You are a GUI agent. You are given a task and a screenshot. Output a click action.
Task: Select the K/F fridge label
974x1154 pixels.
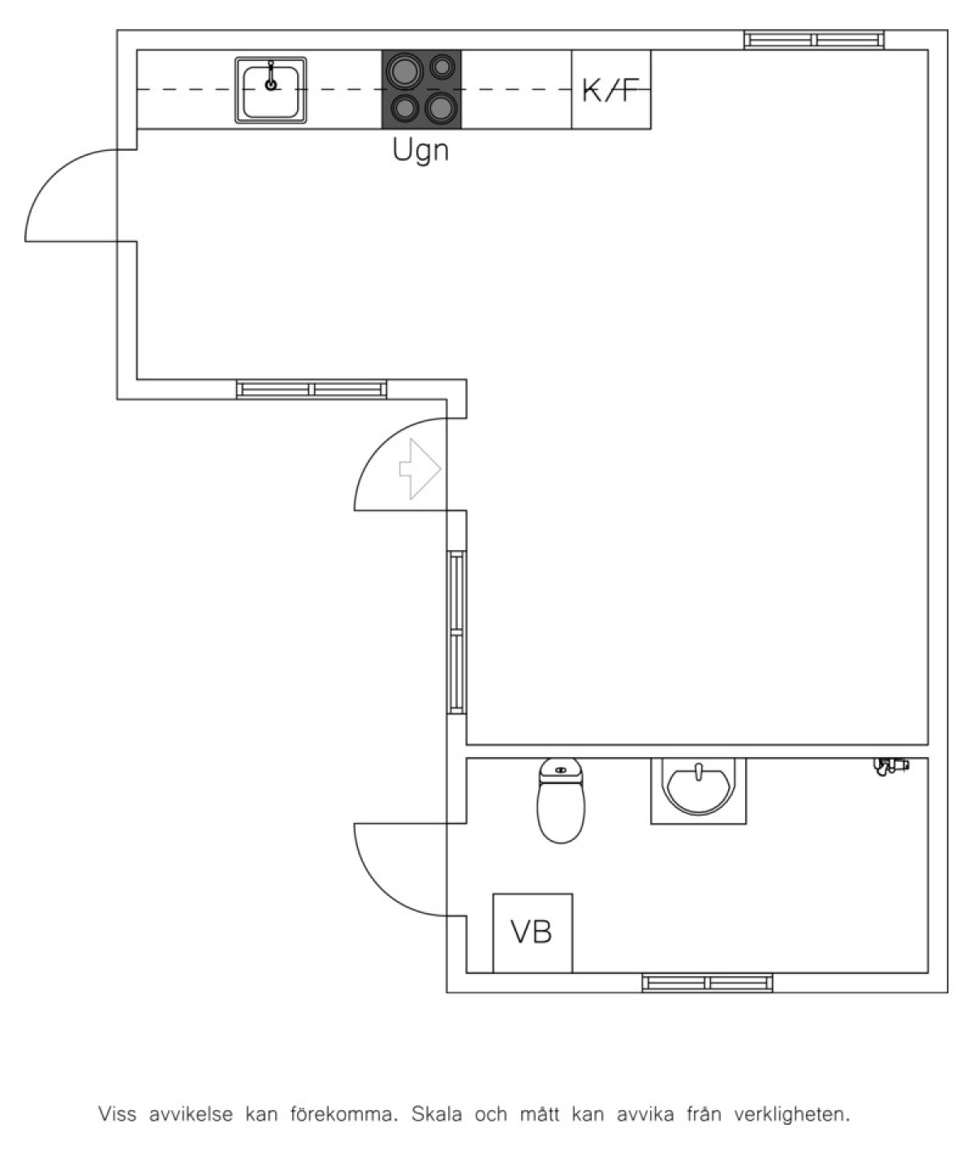point(610,90)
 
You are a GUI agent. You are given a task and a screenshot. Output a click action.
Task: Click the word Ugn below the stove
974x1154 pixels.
point(420,150)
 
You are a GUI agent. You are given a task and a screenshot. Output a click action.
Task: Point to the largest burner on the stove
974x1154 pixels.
point(405,70)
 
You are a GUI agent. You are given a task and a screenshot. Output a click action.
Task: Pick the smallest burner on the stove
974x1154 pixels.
point(442,67)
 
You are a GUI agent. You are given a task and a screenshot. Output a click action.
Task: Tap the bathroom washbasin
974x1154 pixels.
point(698,790)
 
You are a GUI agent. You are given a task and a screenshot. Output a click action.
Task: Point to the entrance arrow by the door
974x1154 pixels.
point(420,469)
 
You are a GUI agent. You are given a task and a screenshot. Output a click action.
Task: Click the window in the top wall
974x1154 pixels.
point(814,40)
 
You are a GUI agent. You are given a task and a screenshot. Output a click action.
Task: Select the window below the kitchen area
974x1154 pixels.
point(312,390)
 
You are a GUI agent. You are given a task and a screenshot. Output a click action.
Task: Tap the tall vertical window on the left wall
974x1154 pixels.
point(457,631)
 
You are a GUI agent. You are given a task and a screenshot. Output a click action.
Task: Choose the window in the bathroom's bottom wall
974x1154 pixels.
point(708,983)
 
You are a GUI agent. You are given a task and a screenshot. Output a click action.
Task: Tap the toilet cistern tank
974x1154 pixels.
point(561,769)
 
